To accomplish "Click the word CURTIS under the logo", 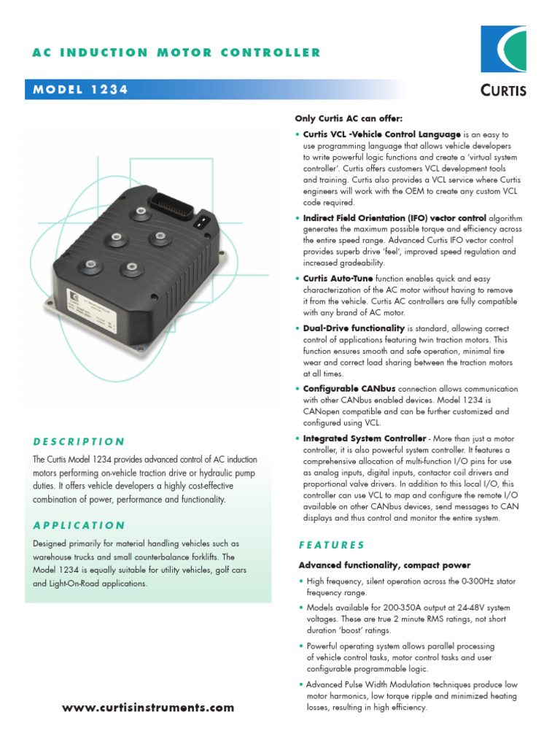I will pyautogui.click(x=504, y=90).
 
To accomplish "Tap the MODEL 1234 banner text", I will pyautogui.click(x=81, y=90).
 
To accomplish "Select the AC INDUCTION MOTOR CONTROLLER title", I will pyautogui.click(x=176, y=53).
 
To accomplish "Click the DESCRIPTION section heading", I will pyautogui.click(x=79, y=441).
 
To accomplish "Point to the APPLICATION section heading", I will pyautogui.click(x=79, y=525).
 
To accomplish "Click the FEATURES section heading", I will pyautogui.click(x=332, y=545).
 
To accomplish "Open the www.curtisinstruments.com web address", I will pyautogui.click(x=149, y=708).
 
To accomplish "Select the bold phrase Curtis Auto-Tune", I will pyautogui.click(x=338, y=279).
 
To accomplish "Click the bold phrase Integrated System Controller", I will pyautogui.click(x=364, y=438).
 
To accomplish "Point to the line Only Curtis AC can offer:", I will pyautogui.click(x=349, y=118).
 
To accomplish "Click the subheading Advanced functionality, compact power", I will pyautogui.click(x=384, y=565).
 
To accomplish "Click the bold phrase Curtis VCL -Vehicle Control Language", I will pyautogui.click(x=381, y=135).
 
